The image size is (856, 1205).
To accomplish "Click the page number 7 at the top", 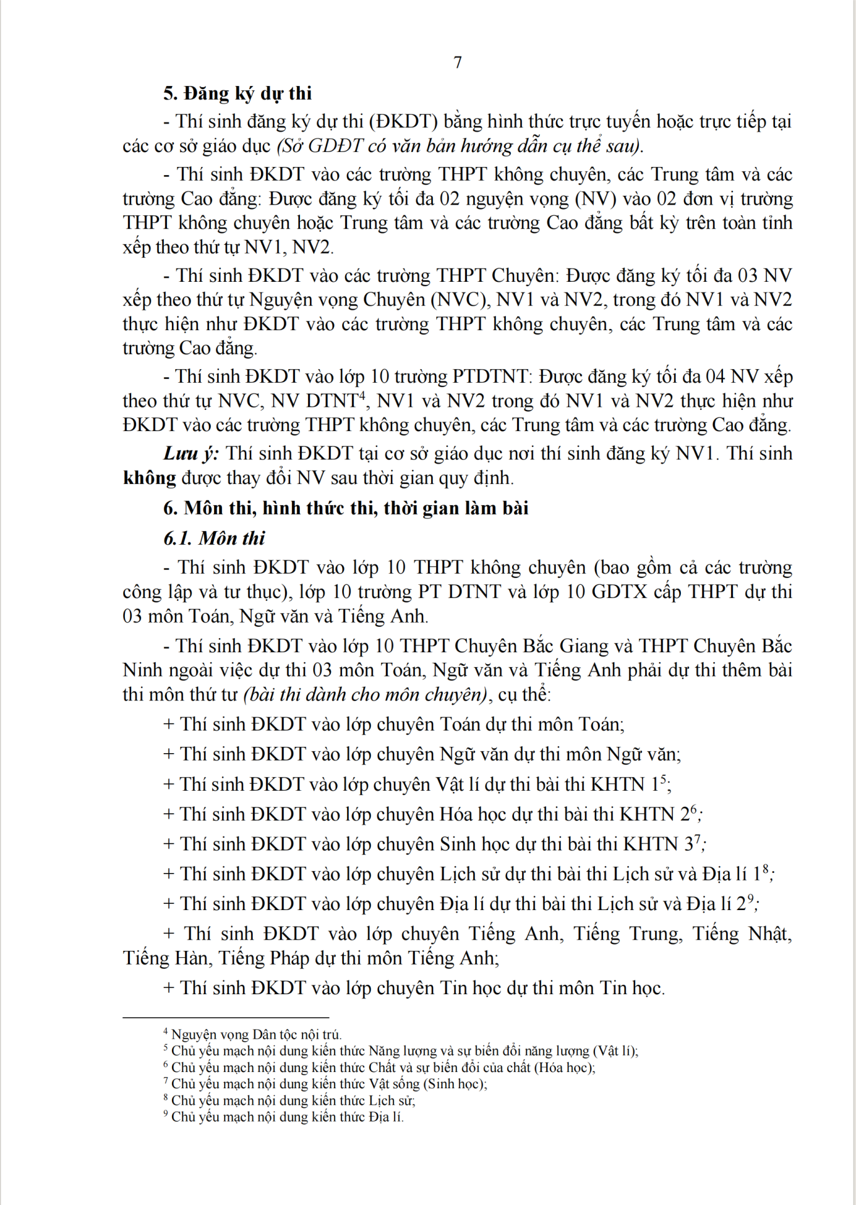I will (x=457, y=62).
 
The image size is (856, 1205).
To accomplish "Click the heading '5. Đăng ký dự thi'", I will (x=237, y=94).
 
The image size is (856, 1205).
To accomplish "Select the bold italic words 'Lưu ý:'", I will (x=191, y=453).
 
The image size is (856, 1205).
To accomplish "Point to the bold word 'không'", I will (x=149, y=478).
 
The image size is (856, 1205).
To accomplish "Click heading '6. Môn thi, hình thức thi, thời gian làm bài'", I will (x=346, y=508).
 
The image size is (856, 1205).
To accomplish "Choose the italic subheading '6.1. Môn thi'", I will (x=214, y=538).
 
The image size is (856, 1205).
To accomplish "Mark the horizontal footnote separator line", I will (x=225, y=1017).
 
